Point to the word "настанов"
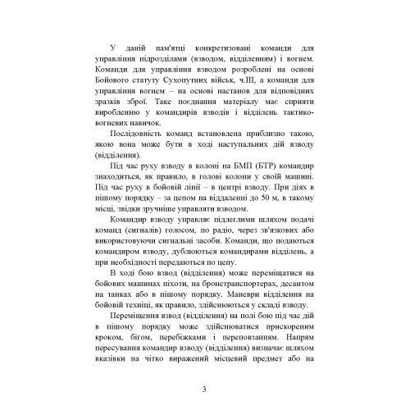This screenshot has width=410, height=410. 202,98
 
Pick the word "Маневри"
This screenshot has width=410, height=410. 240,317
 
